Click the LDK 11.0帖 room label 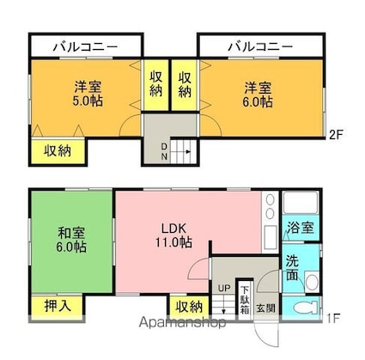(173, 235)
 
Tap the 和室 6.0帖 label (71, 240)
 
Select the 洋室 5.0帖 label (88, 94)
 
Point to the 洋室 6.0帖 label (258, 95)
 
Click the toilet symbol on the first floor (306, 308)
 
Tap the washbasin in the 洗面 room (312, 282)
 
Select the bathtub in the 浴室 (301, 203)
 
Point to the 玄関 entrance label (265, 308)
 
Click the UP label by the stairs (224, 288)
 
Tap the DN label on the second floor (164, 151)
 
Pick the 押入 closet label (58, 306)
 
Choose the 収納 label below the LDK (189, 308)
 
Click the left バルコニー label (86, 47)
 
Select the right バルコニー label (260, 46)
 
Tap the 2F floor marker (337, 135)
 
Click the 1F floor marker (334, 318)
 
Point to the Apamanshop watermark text (182, 323)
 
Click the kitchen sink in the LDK (270, 237)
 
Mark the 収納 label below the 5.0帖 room (58, 150)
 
